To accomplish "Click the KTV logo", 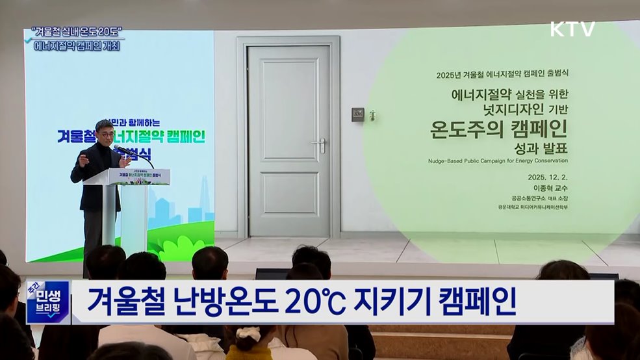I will [572, 29].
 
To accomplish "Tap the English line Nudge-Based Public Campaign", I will [498, 161].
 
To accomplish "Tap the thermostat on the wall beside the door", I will [357, 114].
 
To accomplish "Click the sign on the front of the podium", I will [139, 176].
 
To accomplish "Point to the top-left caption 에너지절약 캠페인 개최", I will [76, 47].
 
